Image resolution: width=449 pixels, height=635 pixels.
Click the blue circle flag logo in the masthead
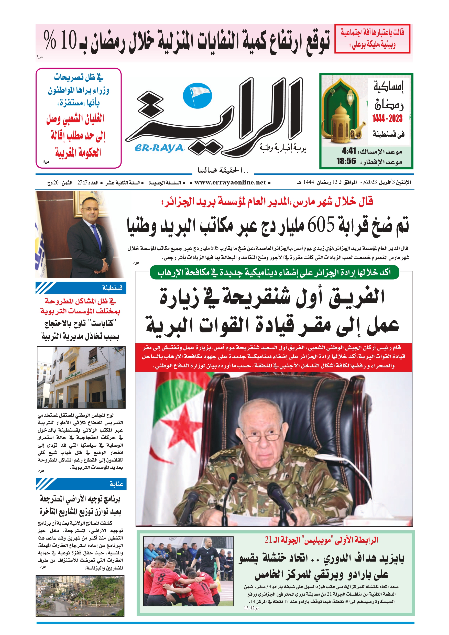(197, 96)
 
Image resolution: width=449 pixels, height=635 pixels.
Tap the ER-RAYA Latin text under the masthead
(159, 148)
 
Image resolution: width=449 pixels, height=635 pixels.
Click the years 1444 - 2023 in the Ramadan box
(387, 119)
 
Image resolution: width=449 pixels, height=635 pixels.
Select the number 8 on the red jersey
(161, 578)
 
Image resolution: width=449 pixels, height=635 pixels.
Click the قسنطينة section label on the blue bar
(112, 288)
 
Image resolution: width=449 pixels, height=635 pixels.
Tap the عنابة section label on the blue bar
(116, 484)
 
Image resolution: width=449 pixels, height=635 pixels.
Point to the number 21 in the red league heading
(268, 540)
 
